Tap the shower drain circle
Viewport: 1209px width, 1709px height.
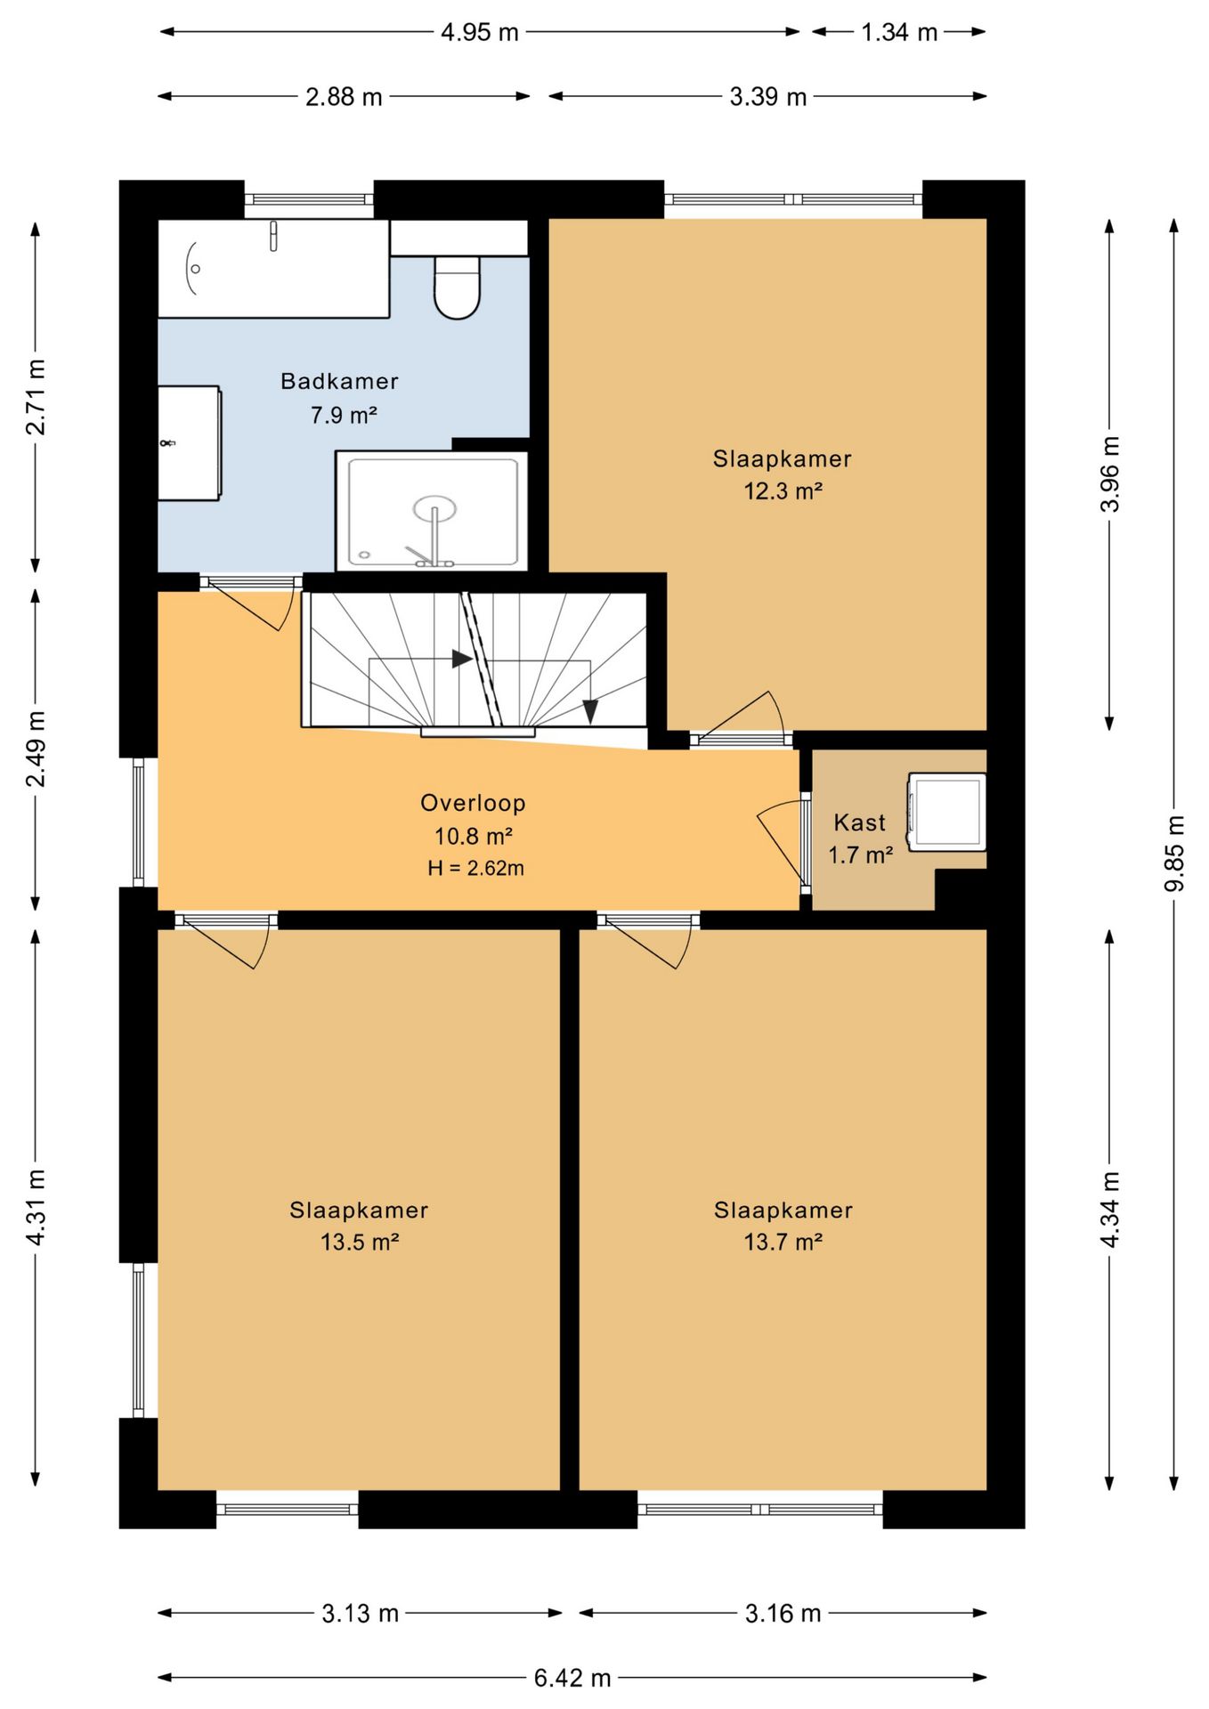[434, 508]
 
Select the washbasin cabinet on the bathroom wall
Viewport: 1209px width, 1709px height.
[190, 442]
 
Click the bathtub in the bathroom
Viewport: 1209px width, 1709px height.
[273, 268]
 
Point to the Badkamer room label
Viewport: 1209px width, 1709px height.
[339, 381]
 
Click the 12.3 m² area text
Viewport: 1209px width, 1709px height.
[783, 490]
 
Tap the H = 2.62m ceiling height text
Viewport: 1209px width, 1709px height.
[475, 868]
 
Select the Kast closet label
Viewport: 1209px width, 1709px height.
[859, 822]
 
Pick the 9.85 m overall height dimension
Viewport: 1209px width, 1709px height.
[1174, 853]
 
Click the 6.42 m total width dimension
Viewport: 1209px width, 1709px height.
[572, 1678]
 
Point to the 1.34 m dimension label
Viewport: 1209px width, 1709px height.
[899, 32]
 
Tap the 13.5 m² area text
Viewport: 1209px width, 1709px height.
[360, 1242]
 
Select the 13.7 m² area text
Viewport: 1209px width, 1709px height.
[783, 1242]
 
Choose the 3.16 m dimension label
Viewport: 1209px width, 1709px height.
[783, 1613]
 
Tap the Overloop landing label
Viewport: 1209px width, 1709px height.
[473, 803]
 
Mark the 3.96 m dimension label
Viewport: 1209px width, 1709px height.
[1109, 474]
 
